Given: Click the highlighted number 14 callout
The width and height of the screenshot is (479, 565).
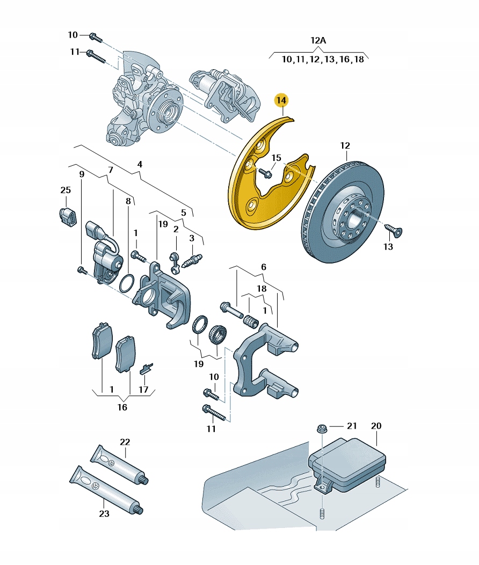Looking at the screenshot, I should click(281, 100).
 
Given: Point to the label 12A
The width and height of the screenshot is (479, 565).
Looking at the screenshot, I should click(318, 40).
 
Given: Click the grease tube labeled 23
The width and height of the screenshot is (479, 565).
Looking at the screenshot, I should click(105, 489).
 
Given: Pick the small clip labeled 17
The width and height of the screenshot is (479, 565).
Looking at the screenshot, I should click(146, 369).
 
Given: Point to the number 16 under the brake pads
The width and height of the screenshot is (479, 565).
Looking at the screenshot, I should click(122, 407).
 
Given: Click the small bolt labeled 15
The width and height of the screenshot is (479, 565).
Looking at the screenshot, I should click(265, 172).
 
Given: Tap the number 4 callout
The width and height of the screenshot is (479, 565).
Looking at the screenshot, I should click(140, 164).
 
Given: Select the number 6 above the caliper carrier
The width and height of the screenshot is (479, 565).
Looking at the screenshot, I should click(264, 267).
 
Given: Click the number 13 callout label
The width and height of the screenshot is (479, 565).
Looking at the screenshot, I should click(388, 247).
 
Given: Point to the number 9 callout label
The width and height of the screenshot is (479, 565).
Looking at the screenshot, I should click(82, 174).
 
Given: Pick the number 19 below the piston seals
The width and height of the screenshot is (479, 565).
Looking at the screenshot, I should click(199, 364).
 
